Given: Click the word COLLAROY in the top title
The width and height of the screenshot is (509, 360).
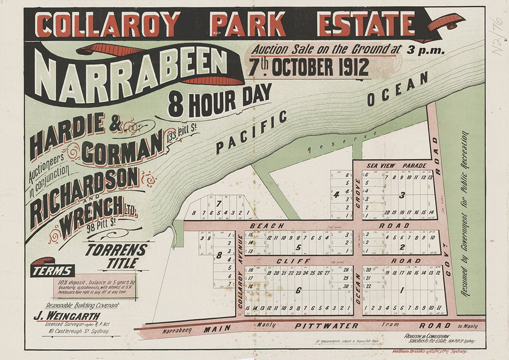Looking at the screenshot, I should [x=108, y=25].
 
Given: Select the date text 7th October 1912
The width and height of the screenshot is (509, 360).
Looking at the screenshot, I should [x=308, y=67].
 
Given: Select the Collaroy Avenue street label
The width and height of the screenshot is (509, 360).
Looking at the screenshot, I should [x=240, y=271].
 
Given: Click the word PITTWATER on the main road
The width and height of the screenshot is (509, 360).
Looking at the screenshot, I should [x=327, y=326].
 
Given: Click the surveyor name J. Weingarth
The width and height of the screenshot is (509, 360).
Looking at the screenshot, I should [x=67, y=316].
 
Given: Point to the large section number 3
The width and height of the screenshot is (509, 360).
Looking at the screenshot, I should [x=402, y=195].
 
